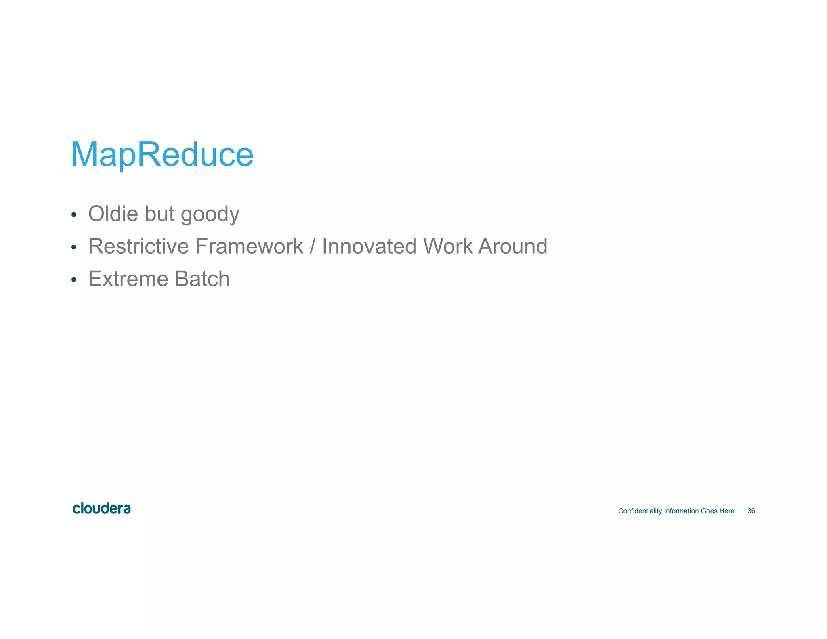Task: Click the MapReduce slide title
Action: point(162,154)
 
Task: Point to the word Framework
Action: point(249,246)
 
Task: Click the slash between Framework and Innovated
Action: point(313,246)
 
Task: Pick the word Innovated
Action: point(369,246)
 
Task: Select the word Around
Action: point(512,246)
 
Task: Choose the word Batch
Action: point(202,279)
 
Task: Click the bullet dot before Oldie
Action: point(73,214)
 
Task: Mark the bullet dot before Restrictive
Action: point(73,247)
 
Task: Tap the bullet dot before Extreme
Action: point(73,280)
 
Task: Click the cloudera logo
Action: point(102,509)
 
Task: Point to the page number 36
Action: point(751,511)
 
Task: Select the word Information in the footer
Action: point(681,511)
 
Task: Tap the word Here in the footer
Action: point(726,511)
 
